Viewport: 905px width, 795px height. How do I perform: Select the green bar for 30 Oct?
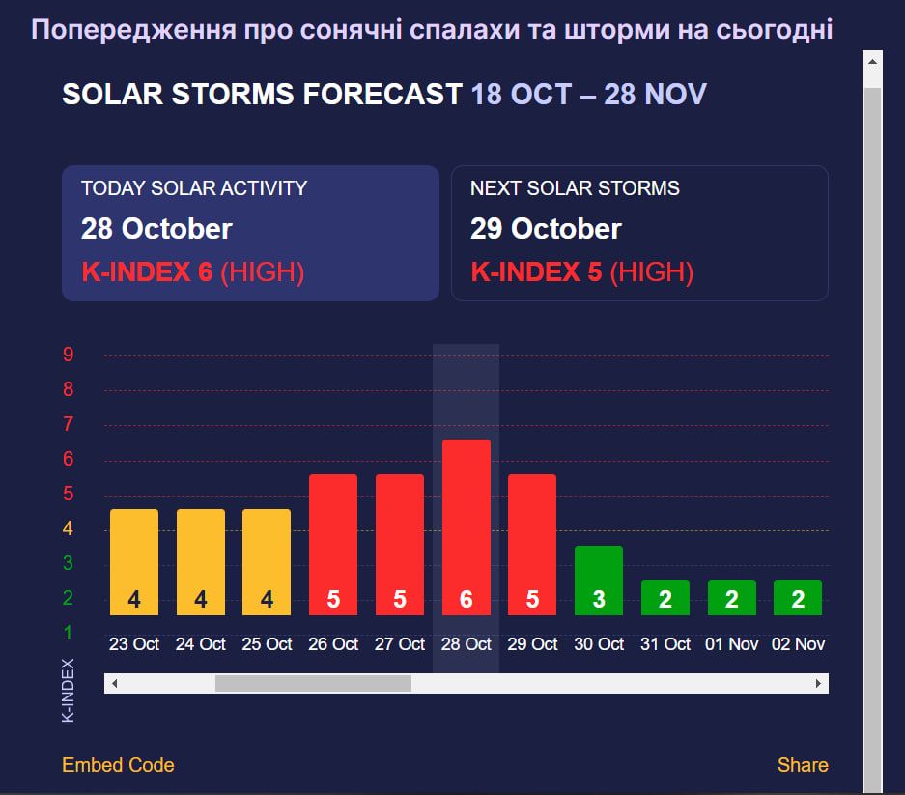tap(599, 581)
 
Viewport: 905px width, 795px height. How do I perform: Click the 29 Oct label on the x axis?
tap(532, 644)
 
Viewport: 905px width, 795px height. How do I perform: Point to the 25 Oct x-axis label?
tap(267, 644)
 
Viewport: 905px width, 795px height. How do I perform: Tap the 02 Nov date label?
tap(798, 644)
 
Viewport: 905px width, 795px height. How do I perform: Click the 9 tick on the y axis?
tap(69, 355)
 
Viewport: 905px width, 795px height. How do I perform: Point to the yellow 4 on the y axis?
tap(69, 528)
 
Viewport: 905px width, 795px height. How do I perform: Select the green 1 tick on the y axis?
tap(69, 633)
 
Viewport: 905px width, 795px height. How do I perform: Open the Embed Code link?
tap(118, 765)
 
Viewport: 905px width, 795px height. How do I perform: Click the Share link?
tap(803, 765)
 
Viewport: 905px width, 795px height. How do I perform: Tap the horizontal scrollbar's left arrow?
tap(114, 684)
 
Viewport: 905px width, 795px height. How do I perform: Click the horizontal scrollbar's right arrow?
tap(819, 684)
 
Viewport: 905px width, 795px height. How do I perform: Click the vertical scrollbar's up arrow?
tap(872, 61)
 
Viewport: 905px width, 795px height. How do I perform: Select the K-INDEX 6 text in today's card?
tap(147, 272)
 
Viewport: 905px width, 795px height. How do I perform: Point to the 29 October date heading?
tap(546, 229)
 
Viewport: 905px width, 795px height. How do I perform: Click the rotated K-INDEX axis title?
tap(69, 690)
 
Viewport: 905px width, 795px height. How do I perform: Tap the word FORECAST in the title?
tap(384, 95)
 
